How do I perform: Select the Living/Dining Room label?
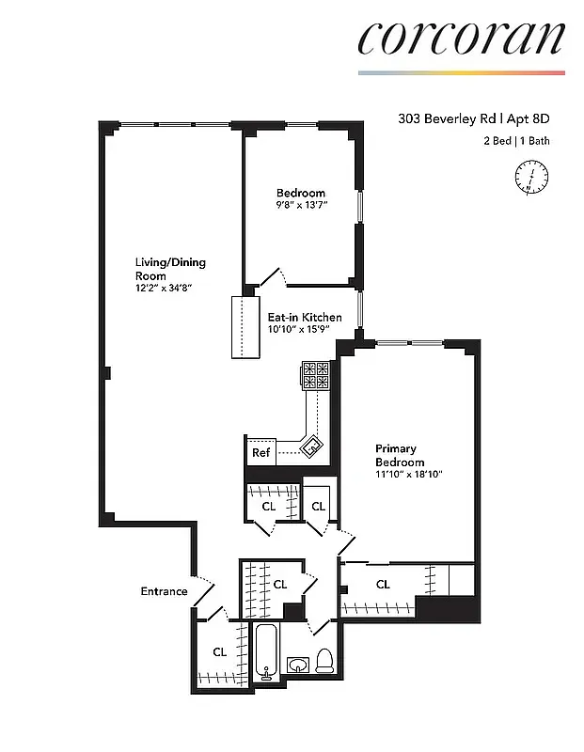[x=169, y=269]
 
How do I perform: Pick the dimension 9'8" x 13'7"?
[x=301, y=206]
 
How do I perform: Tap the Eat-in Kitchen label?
[x=305, y=318]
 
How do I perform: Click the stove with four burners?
[x=316, y=375]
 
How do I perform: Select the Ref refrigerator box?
[x=261, y=453]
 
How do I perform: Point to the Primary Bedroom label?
[x=400, y=455]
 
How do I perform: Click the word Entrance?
[x=164, y=591]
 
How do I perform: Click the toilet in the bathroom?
[x=325, y=661]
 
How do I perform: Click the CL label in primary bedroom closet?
[x=383, y=585]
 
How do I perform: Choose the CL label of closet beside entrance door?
[x=219, y=651]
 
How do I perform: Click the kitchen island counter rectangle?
[x=246, y=328]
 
